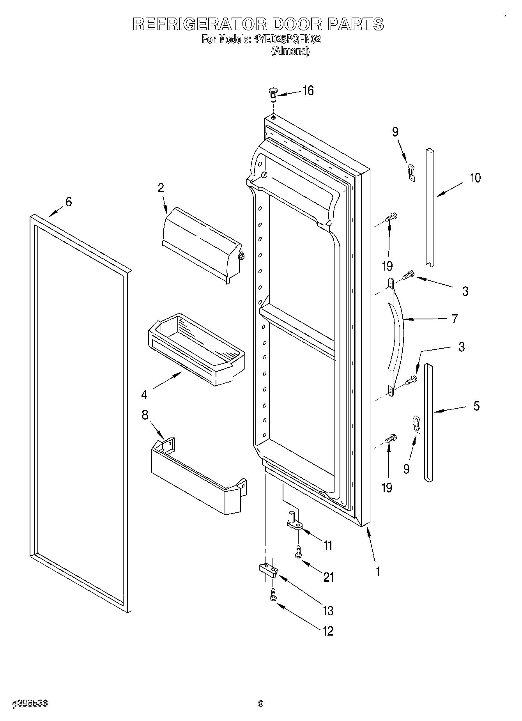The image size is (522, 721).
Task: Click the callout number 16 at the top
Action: point(308,91)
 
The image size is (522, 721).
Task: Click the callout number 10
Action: point(475,178)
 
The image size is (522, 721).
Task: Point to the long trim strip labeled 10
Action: point(430,207)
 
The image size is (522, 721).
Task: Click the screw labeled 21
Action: point(299,552)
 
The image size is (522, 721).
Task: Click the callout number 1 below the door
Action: point(377,572)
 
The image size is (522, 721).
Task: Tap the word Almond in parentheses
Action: point(290,51)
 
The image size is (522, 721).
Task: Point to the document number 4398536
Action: point(30,704)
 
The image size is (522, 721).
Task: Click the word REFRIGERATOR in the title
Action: point(200,24)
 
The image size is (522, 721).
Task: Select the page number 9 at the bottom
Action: point(261,704)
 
